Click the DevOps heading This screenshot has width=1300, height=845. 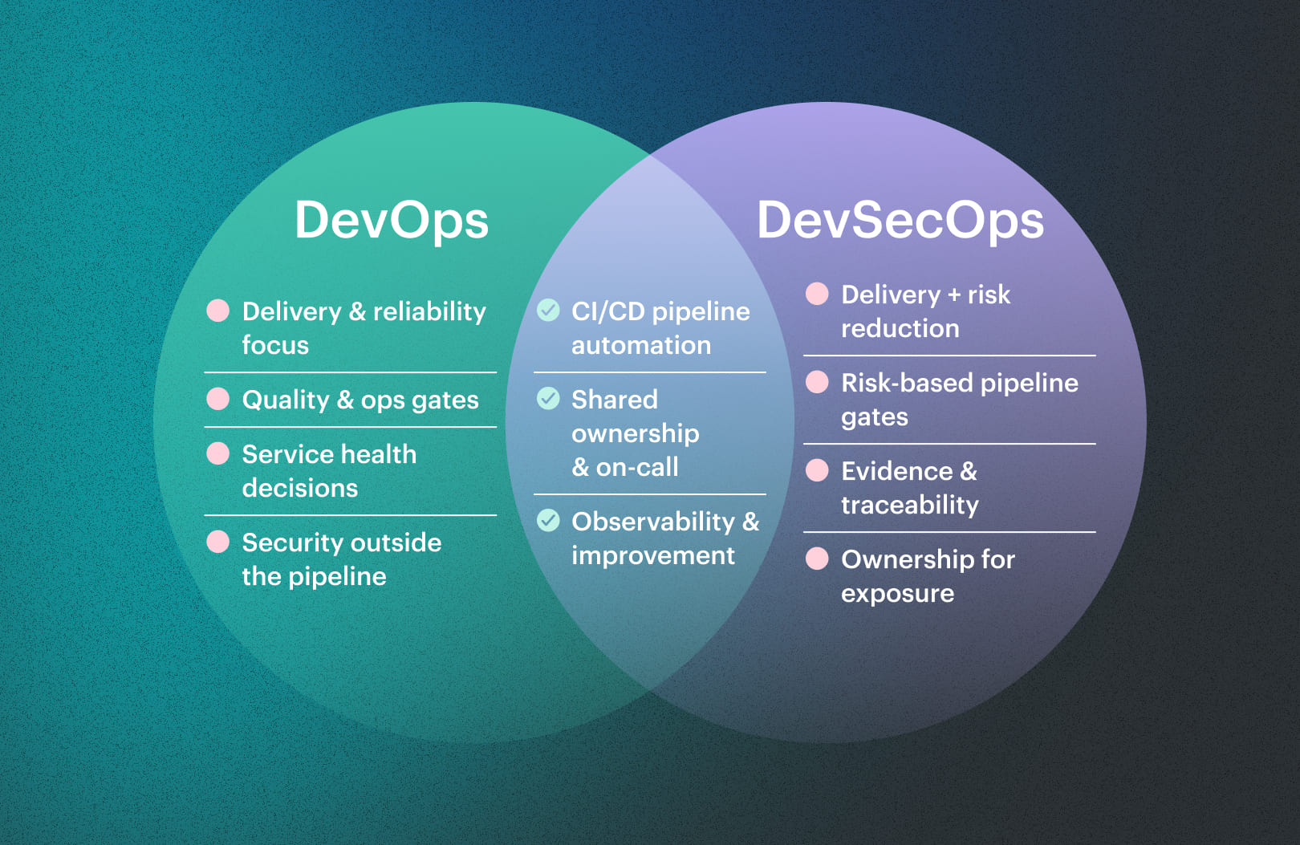click(x=392, y=221)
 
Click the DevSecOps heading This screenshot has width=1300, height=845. click(x=900, y=221)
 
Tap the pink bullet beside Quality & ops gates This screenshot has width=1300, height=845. click(x=218, y=399)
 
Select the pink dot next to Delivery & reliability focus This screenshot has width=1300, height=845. click(x=218, y=311)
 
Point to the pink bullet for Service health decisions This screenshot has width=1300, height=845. click(x=218, y=453)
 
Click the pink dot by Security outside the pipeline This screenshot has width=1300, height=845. click(x=218, y=542)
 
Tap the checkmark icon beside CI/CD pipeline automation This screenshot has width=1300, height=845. click(x=548, y=310)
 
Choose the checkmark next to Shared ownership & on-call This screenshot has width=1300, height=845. click(x=548, y=398)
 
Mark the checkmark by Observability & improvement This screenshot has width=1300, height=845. click(x=548, y=520)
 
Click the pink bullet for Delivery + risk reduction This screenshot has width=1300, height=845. click(x=817, y=294)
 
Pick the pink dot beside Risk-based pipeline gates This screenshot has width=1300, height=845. click(x=817, y=382)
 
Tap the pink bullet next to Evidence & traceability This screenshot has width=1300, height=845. click(x=817, y=470)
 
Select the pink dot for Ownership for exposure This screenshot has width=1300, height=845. click(x=817, y=559)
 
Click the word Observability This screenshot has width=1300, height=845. click(x=653, y=522)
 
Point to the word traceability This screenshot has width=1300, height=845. click(x=909, y=505)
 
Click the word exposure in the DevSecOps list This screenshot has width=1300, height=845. click(x=897, y=594)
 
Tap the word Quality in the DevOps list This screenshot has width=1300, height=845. click(x=286, y=400)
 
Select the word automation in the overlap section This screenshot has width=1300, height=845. click(x=641, y=346)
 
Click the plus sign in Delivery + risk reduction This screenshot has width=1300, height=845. click(x=953, y=295)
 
